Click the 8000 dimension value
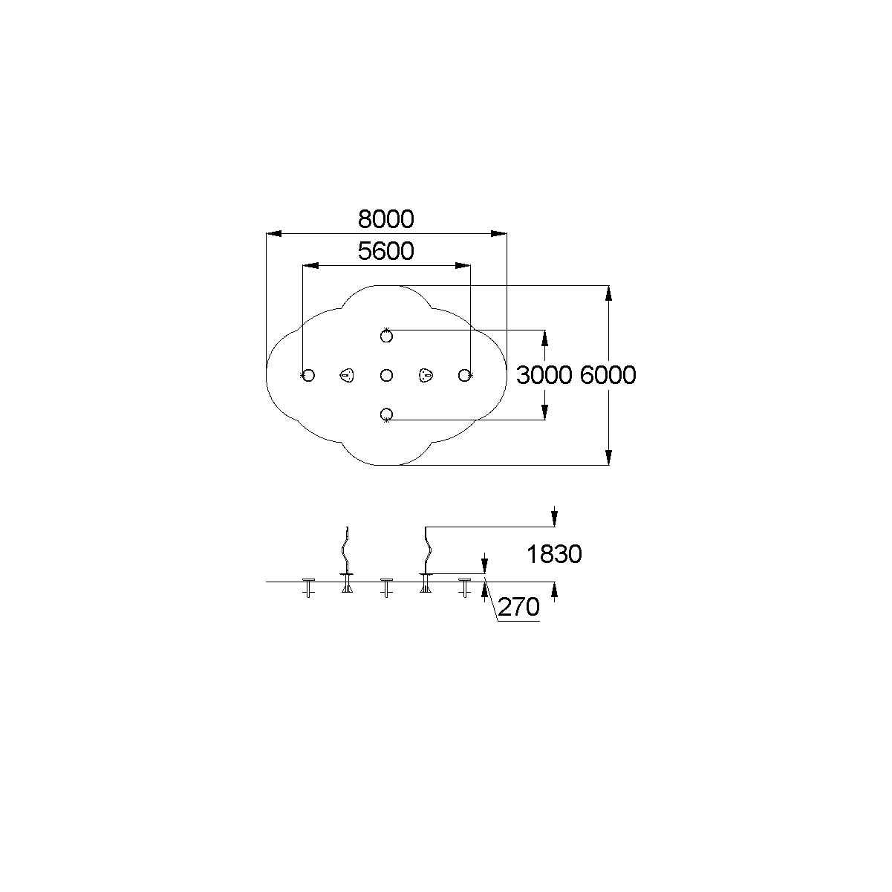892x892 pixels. (x=385, y=219)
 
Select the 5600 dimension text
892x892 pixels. (x=385, y=251)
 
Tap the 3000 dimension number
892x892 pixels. (x=544, y=375)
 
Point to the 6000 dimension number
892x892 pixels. (x=608, y=375)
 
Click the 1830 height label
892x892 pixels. (x=554, y=554)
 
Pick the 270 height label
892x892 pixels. (x=519, y=607)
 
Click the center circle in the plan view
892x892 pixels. (x=386, y=375)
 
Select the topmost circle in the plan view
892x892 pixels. (x=386, y=336)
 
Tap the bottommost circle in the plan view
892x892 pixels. (x=386, y=414)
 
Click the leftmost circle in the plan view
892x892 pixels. (x=309, y=375)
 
